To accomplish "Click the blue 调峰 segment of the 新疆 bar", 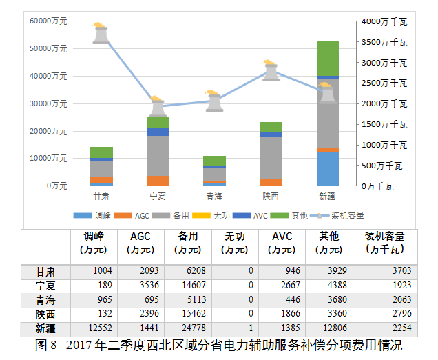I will [x=327, y=168].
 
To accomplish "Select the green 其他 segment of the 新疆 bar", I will [x=327, y=58].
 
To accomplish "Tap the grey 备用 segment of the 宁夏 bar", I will [x=158, y=156].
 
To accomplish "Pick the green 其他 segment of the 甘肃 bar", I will [x=101, y=152].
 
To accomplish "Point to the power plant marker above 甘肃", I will [x=101, y=34].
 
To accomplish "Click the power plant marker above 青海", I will [x=214, y=101].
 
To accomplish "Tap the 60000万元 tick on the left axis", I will [x=48, y=21].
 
